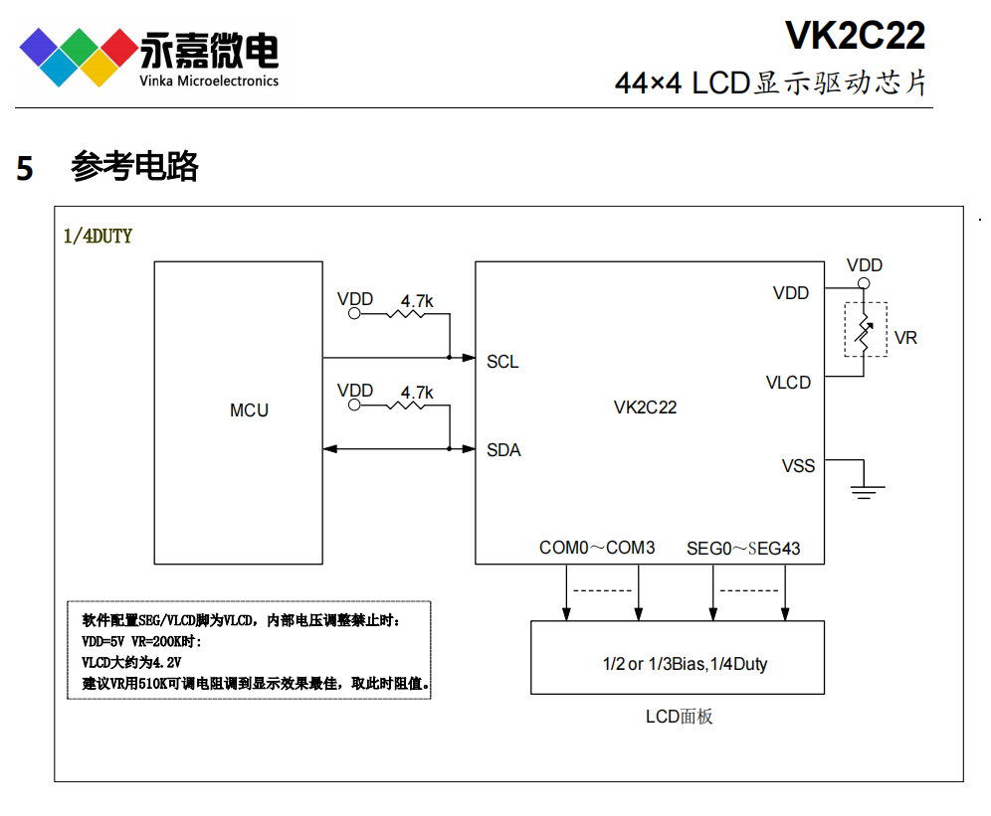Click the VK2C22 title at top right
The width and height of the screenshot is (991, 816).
855,37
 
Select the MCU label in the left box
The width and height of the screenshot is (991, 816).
249,410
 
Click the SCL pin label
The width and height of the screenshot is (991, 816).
502,362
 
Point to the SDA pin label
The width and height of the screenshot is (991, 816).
503,450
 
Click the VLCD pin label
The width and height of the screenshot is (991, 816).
788,383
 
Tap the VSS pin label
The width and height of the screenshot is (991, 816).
798,466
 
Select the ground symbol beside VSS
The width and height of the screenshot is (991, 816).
867,486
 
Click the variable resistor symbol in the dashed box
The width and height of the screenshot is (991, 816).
865,329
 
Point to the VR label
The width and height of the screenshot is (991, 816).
905,338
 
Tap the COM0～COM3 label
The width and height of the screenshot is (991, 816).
597,548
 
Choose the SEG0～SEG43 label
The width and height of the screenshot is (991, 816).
743,548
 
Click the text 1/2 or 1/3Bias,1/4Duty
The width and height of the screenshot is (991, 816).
685,664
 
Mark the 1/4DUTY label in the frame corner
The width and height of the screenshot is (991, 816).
98,236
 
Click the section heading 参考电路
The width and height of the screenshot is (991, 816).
134,167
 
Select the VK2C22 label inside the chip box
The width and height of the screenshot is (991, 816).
645,408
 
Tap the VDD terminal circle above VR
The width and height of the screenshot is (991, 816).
864,284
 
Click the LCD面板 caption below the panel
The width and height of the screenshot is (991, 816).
679,717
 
